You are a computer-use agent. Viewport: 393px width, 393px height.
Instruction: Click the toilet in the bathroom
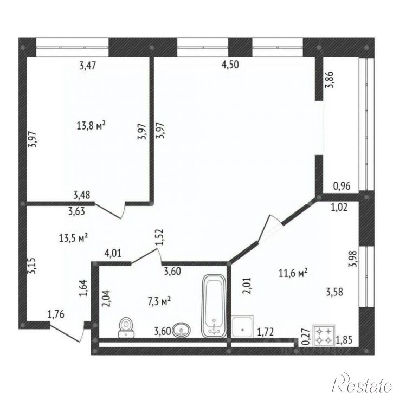point(126,327)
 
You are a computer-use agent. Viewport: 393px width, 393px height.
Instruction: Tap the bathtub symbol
point(214,306)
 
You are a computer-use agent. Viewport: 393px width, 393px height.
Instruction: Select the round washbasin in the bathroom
point(182,330)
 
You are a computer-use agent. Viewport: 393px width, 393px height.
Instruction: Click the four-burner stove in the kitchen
point(324,336)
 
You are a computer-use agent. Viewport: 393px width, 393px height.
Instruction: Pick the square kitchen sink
point(242,327)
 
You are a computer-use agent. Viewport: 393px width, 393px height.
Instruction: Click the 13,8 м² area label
point(91,125)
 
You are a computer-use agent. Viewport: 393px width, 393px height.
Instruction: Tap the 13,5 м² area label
point(73,237)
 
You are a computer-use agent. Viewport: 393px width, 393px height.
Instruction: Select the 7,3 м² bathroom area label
point(159,301)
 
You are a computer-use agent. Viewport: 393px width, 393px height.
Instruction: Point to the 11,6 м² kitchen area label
point(293,273)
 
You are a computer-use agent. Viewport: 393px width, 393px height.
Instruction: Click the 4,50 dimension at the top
point(230,65)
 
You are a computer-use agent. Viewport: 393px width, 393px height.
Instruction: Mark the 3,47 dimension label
point(88,66)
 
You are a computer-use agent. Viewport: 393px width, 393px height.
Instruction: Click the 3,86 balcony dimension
point(329,80)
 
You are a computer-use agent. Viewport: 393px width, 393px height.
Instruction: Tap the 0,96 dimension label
point(342,186)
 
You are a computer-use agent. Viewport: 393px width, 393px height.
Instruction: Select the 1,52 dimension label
point(160,237)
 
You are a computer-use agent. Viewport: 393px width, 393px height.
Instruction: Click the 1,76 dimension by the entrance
point(56,314)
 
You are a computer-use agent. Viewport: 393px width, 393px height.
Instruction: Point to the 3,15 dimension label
point(32,266)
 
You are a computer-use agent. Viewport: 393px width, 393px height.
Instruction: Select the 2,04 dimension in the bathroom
point(106,298)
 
